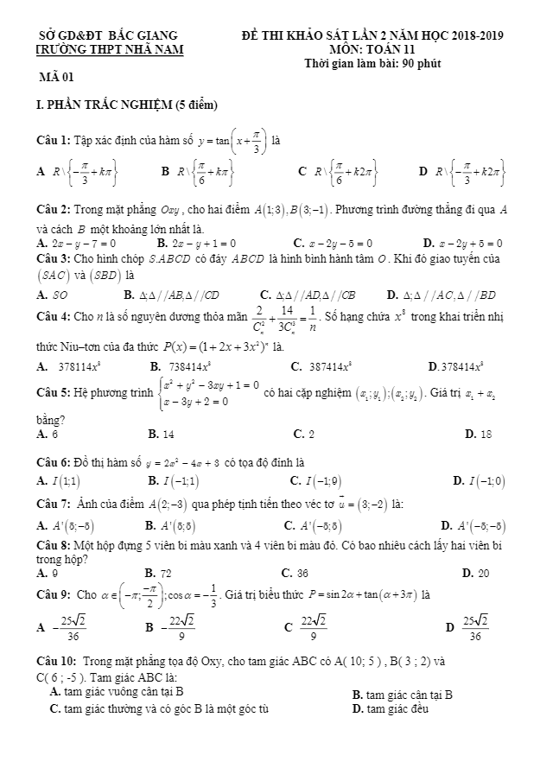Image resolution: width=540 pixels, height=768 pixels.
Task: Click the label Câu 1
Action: (54, 139)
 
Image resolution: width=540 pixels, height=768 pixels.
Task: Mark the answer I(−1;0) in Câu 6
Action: (490, 479)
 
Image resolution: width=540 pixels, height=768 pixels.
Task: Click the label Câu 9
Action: (54, 595)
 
